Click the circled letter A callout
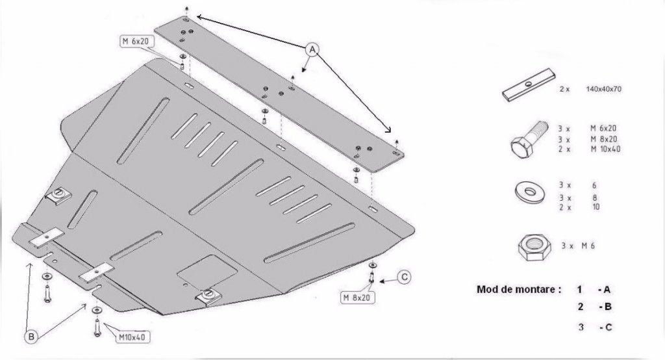pyautogui.click(x=312, y=49)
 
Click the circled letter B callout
pyautogui.click(x=31, y=337)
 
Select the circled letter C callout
pyautogui.click(x=405, y=277)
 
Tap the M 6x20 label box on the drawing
pyautogui.click(x=137, y=41)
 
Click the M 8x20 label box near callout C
pyautogui.click(x=358, y=298)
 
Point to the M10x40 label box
pyautogui.click(x=132, y=337)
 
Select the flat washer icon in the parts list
pyautogui.click(x=530, y=192)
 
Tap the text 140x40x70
pyautogui.click(x=603, y=89)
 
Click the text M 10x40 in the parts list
pyautogui.click(x=605, y=149)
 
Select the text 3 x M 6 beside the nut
pyautogui.click(x=578, y=246)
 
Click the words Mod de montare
pyautogui.click(x=519, y=290)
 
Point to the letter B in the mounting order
pyautogui.click(x=608, y=307)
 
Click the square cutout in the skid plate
pyautogui.click(x=207, y=270)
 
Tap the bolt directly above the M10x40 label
pyautogui.click(x=97, y=328)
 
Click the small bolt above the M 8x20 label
pyautogui.click(x=371, y=277)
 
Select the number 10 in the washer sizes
pyautogui.click(x=596, y=207)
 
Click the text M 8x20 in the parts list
pyautogui.click(x=604, y=139)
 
